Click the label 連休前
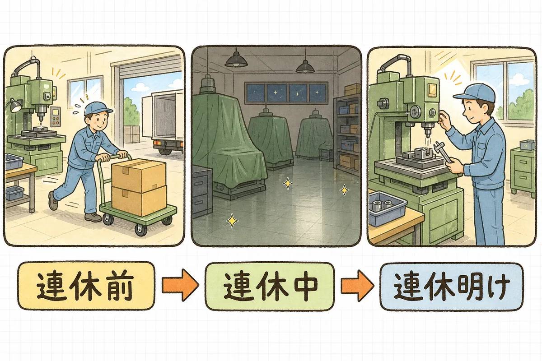pos(86,286)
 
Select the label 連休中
pos(270,286)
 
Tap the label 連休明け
pos(452,287)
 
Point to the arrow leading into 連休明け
pos(357,286)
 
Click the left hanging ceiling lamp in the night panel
pos(236,61)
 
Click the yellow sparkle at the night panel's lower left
pos(232,221)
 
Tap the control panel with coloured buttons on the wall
pos(56,117)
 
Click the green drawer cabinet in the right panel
pos(523,171)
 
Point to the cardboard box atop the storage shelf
pos(352,90)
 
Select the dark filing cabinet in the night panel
pos(201,191)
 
